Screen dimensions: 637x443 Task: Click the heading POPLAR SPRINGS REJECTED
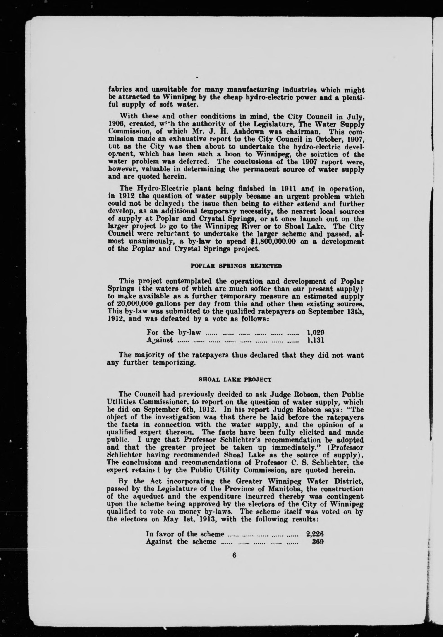[236, 266]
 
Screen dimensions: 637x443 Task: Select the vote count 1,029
[316, 332]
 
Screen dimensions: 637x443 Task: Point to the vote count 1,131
[316, 340]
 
